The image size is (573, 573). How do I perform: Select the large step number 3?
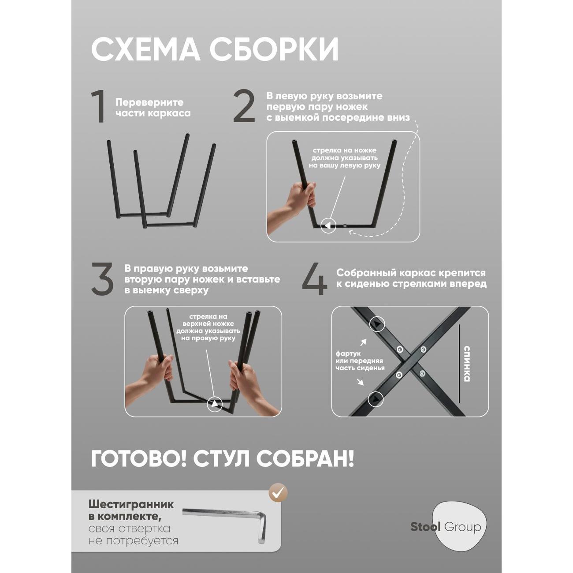point(102,279)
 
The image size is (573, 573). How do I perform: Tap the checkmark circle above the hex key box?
point(278,493)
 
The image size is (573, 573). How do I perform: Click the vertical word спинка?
point(467,364)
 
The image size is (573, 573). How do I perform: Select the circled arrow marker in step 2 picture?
point(327,226)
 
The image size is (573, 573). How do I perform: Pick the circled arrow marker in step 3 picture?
point(215,403)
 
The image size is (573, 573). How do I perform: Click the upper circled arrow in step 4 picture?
point(377,324)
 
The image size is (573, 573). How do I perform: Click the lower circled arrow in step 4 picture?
point(376,399)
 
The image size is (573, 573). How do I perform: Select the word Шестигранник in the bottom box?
point(131,504)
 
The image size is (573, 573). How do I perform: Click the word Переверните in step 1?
point(149,102)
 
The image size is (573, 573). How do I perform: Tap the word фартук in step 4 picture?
point(348,353)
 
